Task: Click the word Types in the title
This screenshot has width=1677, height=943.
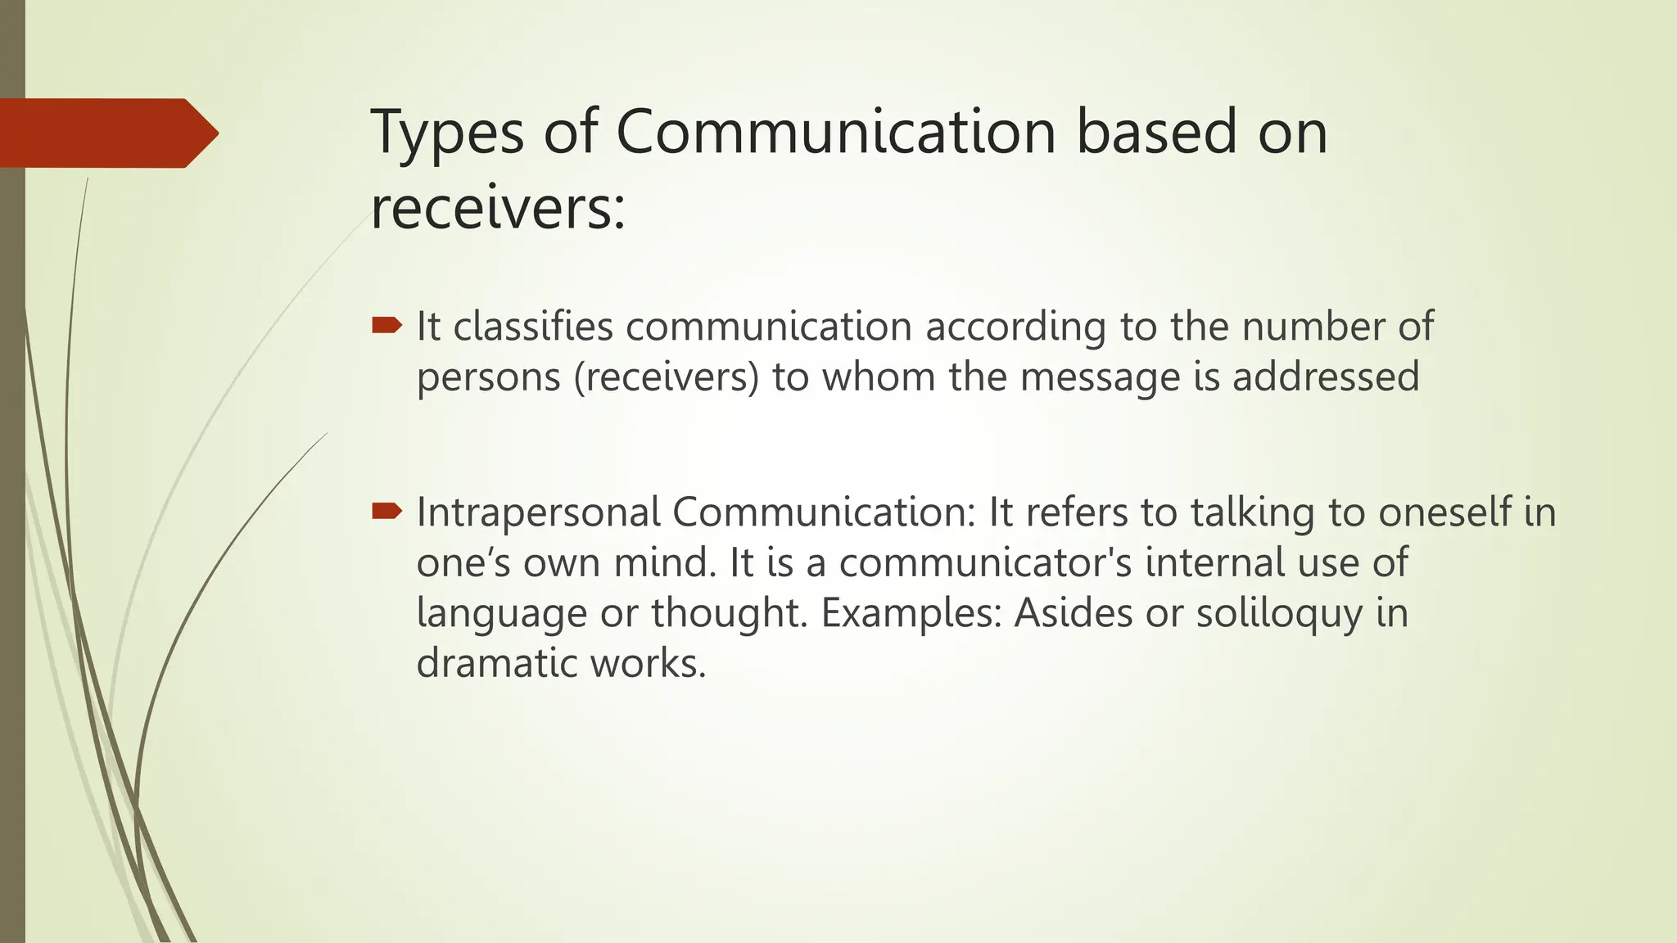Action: coord(446,133)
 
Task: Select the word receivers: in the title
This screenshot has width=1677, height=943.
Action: coord(498,208)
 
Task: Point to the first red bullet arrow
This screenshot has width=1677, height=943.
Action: coord(386,327)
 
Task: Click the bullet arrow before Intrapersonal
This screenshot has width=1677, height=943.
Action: coord(386,512)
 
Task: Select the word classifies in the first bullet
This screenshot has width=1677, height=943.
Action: coord(533,327)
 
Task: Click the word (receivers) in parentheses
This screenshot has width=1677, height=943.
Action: coord(667,377)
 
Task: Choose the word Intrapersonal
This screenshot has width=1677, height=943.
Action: coord(538,513)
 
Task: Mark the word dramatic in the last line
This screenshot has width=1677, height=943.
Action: coord(496,663)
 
